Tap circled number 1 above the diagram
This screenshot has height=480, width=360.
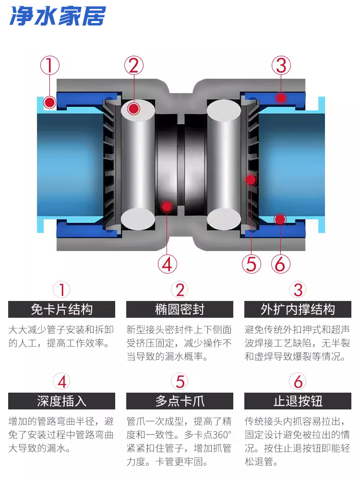coord(50,65)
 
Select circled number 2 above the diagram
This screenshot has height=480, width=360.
coord(134,65)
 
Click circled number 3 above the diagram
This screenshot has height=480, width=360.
coord(281,65)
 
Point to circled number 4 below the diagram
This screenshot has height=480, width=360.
coord(167,264)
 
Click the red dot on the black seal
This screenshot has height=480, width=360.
coord(167,206)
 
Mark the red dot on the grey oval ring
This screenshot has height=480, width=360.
coord(134,108)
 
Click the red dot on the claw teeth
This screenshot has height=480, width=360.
coord(250,180)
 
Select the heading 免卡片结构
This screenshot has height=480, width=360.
coord(61,310)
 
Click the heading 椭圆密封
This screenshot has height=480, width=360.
coord(180,310)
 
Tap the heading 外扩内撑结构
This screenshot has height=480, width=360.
coord(298,310)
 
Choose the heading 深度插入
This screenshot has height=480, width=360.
coord(61,401)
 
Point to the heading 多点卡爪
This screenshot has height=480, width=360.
coord(180,401)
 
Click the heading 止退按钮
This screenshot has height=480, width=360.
coord(298,401)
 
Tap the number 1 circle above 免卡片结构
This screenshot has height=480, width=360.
coord(61,289)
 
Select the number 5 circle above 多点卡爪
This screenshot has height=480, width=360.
coord(180,382)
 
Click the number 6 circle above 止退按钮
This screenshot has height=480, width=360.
coord(298,382)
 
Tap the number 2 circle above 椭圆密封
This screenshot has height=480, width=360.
coord(180,289)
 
